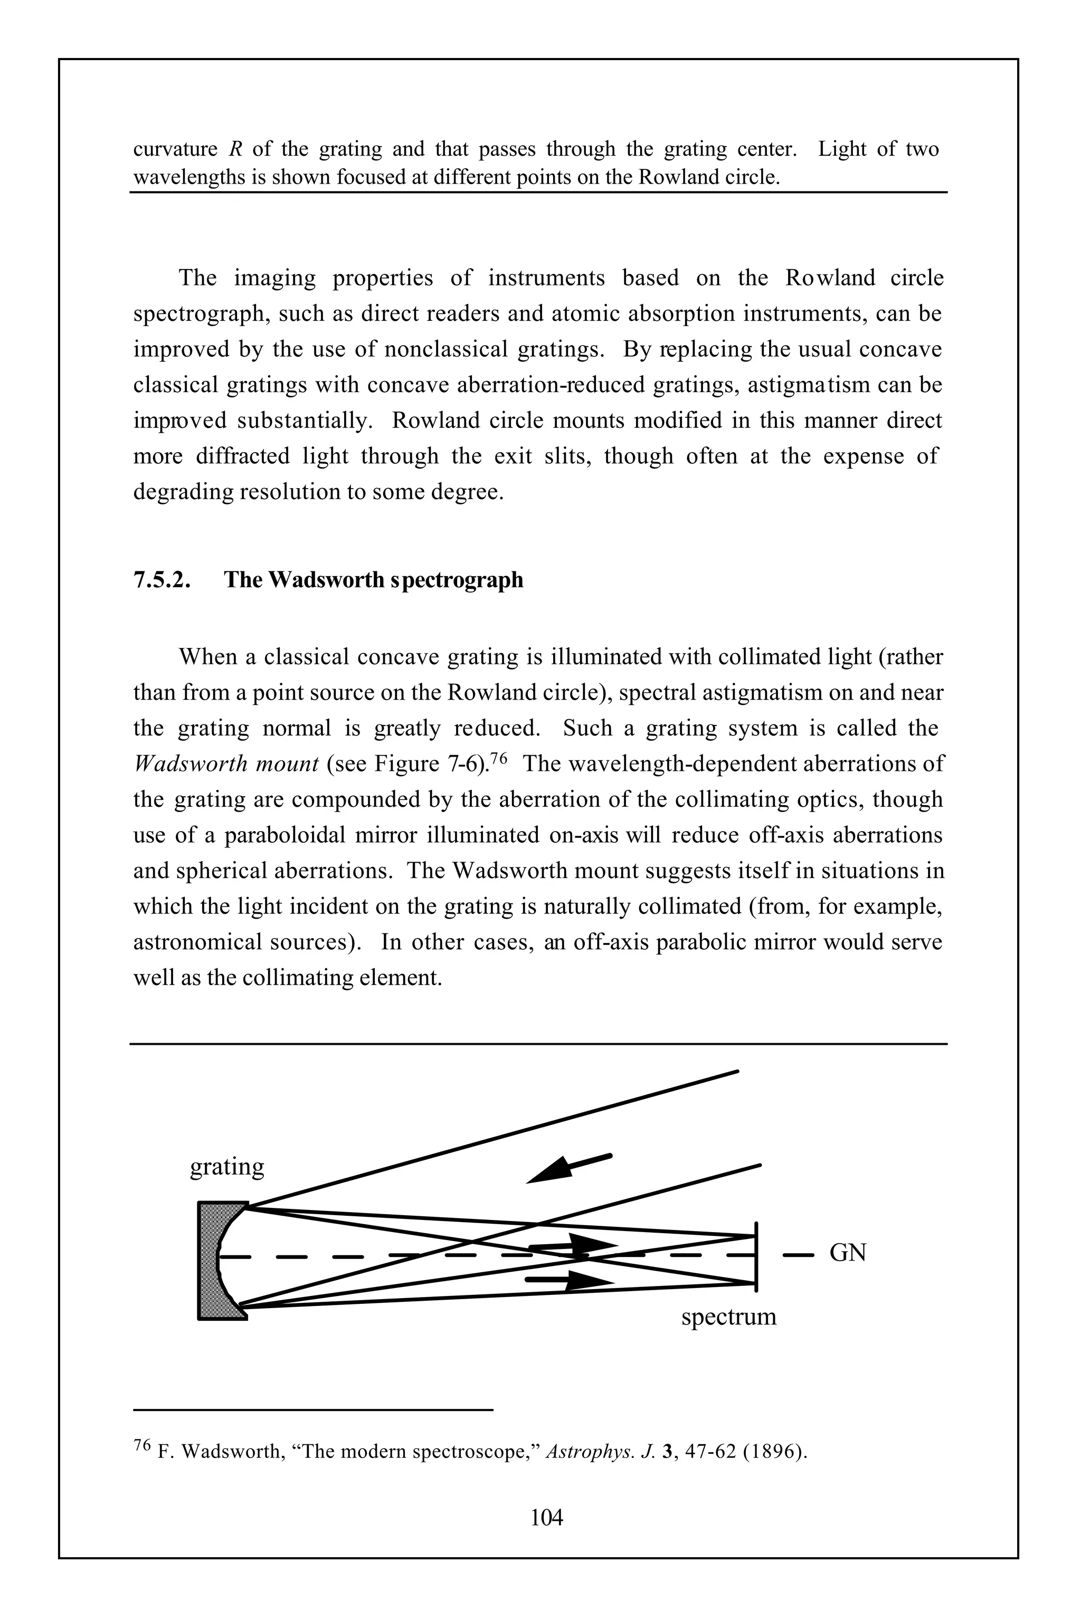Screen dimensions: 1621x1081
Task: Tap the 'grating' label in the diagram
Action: [x=227, y=1167]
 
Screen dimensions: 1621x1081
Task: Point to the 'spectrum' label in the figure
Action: [x=729, y=1317]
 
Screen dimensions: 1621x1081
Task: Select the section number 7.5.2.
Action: [x=162, y=579]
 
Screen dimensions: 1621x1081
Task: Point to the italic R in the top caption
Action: [x=233, y=149]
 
